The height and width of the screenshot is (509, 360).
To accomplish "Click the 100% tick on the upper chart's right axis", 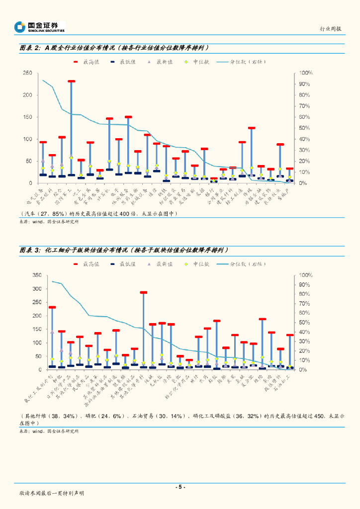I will point(305,73).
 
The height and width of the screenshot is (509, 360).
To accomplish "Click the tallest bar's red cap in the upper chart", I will point(71,81).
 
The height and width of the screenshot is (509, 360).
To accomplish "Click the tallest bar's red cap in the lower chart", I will point(144,293).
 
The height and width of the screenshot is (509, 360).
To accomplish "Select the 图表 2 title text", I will point(113,48).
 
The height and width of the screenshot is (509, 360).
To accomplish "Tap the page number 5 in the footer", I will point(180,487).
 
